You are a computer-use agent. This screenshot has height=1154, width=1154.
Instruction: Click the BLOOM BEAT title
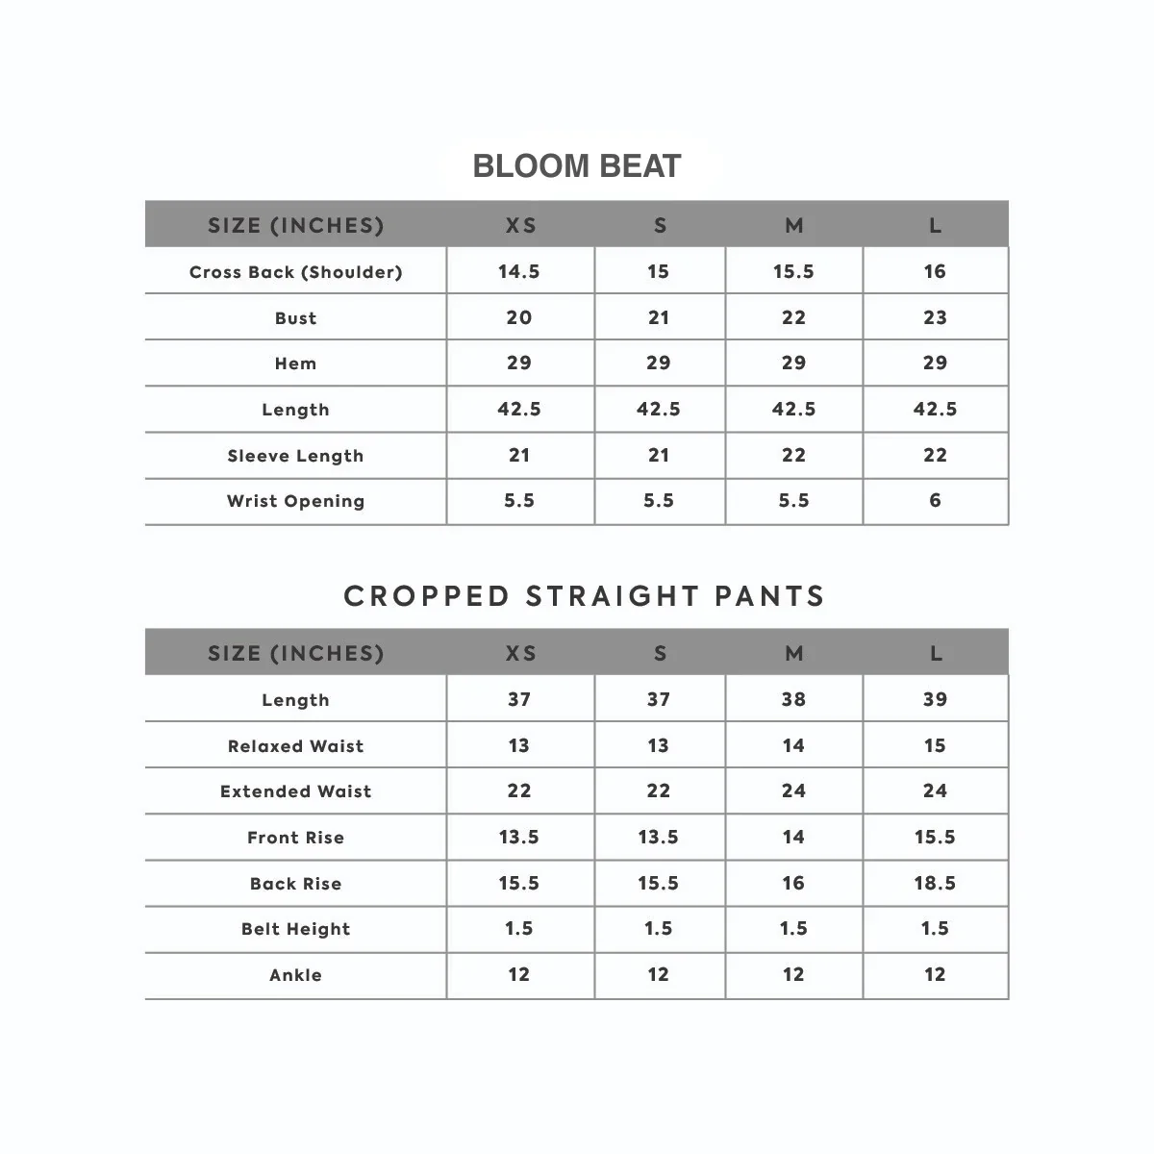[577, 166]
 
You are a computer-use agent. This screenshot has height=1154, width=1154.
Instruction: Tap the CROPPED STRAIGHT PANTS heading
[585, 596]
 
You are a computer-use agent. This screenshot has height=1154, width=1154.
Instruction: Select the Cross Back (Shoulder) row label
[295, 272]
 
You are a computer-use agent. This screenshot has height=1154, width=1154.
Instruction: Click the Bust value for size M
[793, 317]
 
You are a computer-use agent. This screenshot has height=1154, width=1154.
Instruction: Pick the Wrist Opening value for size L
[935, 500]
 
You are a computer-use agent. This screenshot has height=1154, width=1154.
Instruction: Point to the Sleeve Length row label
[295, 456]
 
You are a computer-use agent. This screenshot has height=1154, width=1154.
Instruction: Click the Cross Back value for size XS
[519, 271]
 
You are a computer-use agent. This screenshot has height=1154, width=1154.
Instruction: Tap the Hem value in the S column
[658, 363]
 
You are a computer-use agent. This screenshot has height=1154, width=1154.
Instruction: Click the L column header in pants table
[936, 653]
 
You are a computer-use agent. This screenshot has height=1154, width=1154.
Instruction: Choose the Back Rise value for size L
[935, 883]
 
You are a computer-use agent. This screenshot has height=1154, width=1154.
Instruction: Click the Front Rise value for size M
[793, 837]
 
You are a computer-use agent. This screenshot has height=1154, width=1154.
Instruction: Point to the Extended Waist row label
[295, 791]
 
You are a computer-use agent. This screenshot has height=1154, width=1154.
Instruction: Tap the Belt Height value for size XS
[519, 928]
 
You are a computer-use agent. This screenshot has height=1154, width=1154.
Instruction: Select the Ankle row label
[295, 975]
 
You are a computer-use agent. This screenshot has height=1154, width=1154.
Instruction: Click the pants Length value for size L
[935, 699]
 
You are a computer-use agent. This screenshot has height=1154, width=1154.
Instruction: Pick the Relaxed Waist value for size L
[935, 745]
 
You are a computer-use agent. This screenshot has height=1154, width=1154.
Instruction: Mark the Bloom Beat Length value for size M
[793, 409]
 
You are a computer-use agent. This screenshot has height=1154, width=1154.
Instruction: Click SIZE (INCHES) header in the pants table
[295, 653]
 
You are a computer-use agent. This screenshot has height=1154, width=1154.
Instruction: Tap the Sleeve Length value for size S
[658, 455]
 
